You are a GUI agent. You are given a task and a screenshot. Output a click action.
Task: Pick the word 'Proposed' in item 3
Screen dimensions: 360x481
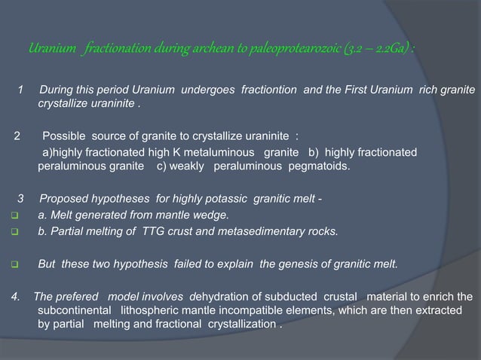pyautogui.click(x=63, y=199)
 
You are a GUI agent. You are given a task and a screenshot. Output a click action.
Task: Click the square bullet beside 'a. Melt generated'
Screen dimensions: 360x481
pyautogui.click(x=15, y=215)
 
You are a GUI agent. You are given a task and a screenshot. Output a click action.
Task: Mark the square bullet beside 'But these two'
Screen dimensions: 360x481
pyautogui.click(x=15, y=265)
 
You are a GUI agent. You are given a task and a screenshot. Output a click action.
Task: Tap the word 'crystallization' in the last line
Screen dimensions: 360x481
pyautogui.click(x=240, y=325)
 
